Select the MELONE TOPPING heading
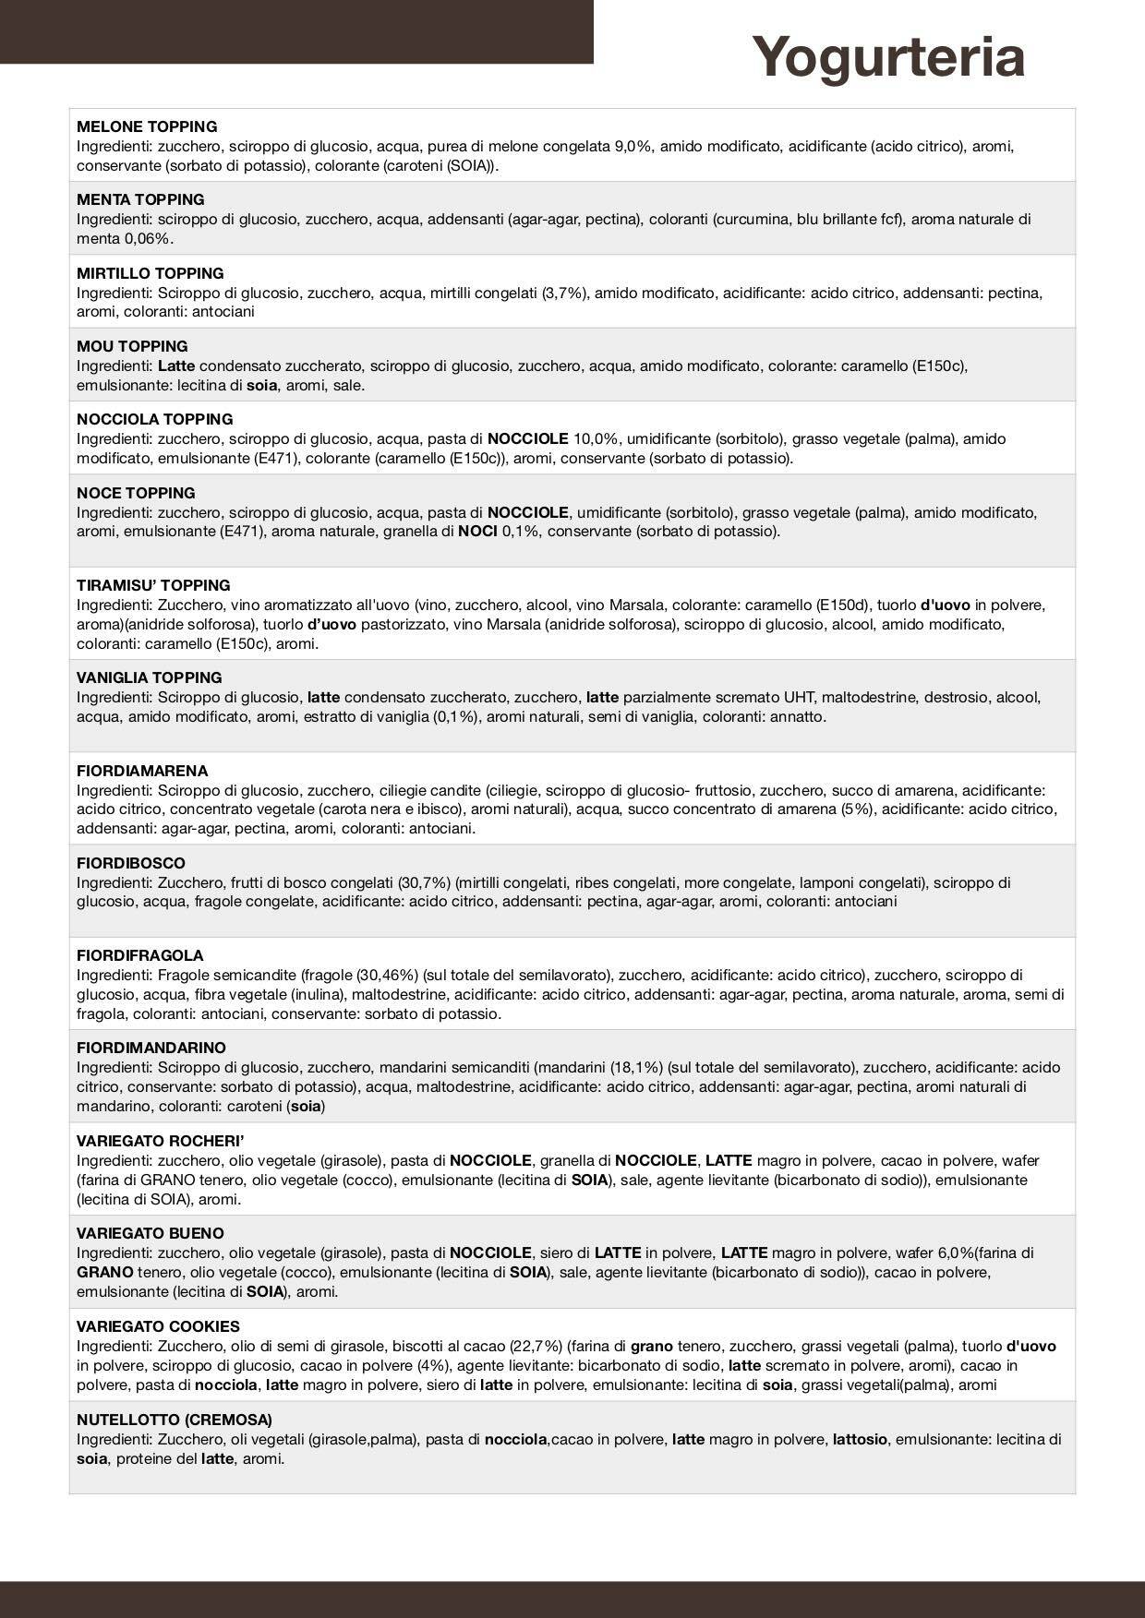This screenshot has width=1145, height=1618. click(x=147, y=126)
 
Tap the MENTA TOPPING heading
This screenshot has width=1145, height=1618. click(x=140, y=199)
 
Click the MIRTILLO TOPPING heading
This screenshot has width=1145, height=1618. click(x=151, y=273)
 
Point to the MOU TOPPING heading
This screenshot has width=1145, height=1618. click(x=132, y=346)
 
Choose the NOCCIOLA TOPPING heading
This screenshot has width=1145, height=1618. click(x=155, y=419)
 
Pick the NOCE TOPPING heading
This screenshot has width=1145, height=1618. click(x=136, y=493)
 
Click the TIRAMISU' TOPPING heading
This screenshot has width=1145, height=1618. click(x=153, y=585)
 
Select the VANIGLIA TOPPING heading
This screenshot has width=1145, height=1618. click(x=150, y=677)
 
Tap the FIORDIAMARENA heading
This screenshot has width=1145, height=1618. click(x=142, y=771)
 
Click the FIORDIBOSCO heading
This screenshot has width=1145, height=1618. click(x=131, y=863)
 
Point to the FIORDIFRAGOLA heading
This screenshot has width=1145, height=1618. click(x=139, y=955)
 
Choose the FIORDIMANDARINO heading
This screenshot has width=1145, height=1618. click(x=151, y=1048)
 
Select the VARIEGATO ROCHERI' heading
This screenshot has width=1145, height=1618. click(x=160, y=1141)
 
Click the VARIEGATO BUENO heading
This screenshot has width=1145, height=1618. click(x=151, y=1233)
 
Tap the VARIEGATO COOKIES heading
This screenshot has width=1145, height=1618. click(x=158, y=1326)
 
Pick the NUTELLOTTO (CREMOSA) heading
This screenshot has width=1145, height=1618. click(x=175, y=1420)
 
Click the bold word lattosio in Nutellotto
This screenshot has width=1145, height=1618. click(x=860, y=1439)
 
